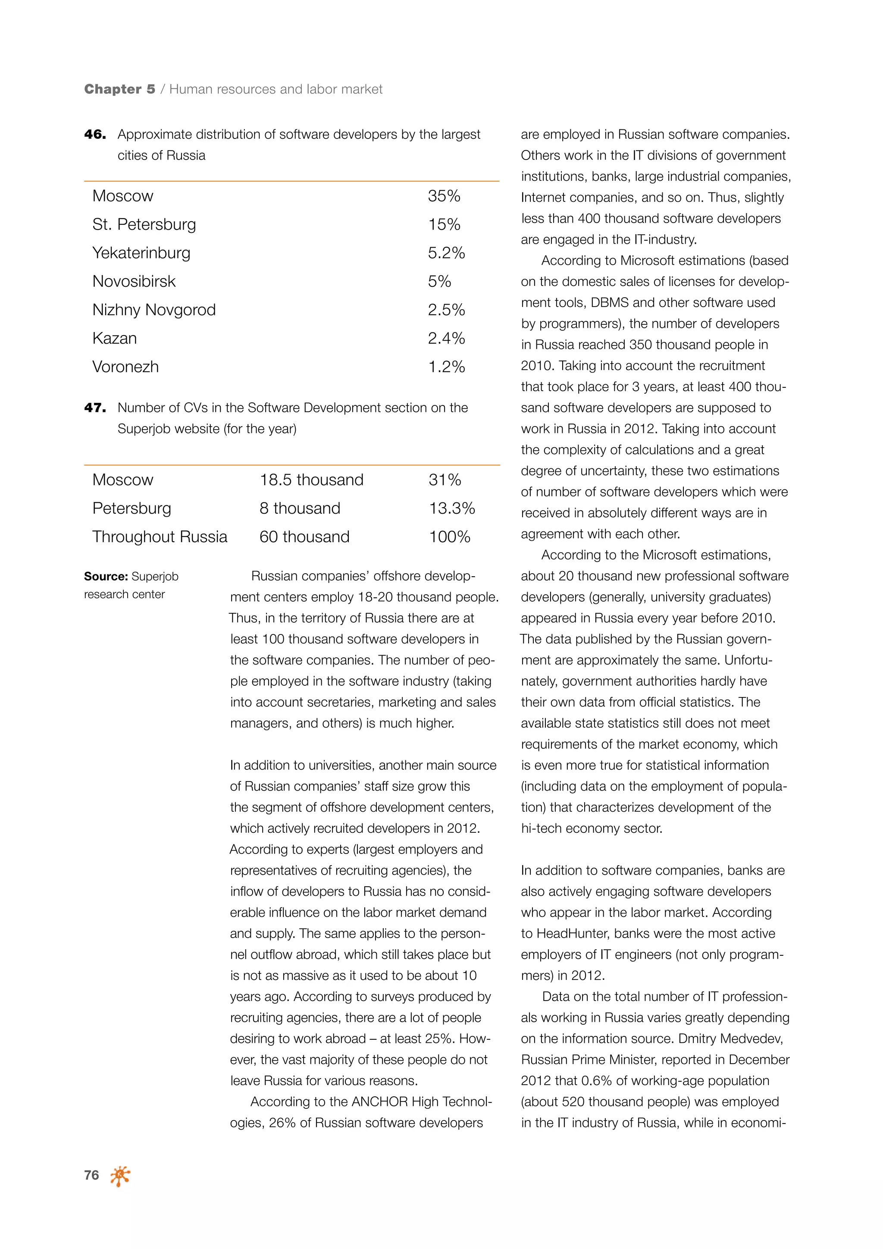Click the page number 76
pos(91,1175)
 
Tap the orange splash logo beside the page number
pos(120,1176)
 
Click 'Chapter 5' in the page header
pos(119,89)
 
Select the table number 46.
pos(95,135)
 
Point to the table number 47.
pos(95,408)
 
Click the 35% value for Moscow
pos(444,196)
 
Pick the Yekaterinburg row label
pos(141,253)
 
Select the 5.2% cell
pos(446,253)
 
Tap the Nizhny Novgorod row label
pos(154,310)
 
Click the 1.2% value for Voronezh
pos(446,367)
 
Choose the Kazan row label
pos(115,339)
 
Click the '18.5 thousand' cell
pos(311,480)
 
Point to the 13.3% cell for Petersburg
pos(451,508)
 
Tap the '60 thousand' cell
pos(304,537)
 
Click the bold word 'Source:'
pos(106,577)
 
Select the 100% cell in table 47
pos(449,537)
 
